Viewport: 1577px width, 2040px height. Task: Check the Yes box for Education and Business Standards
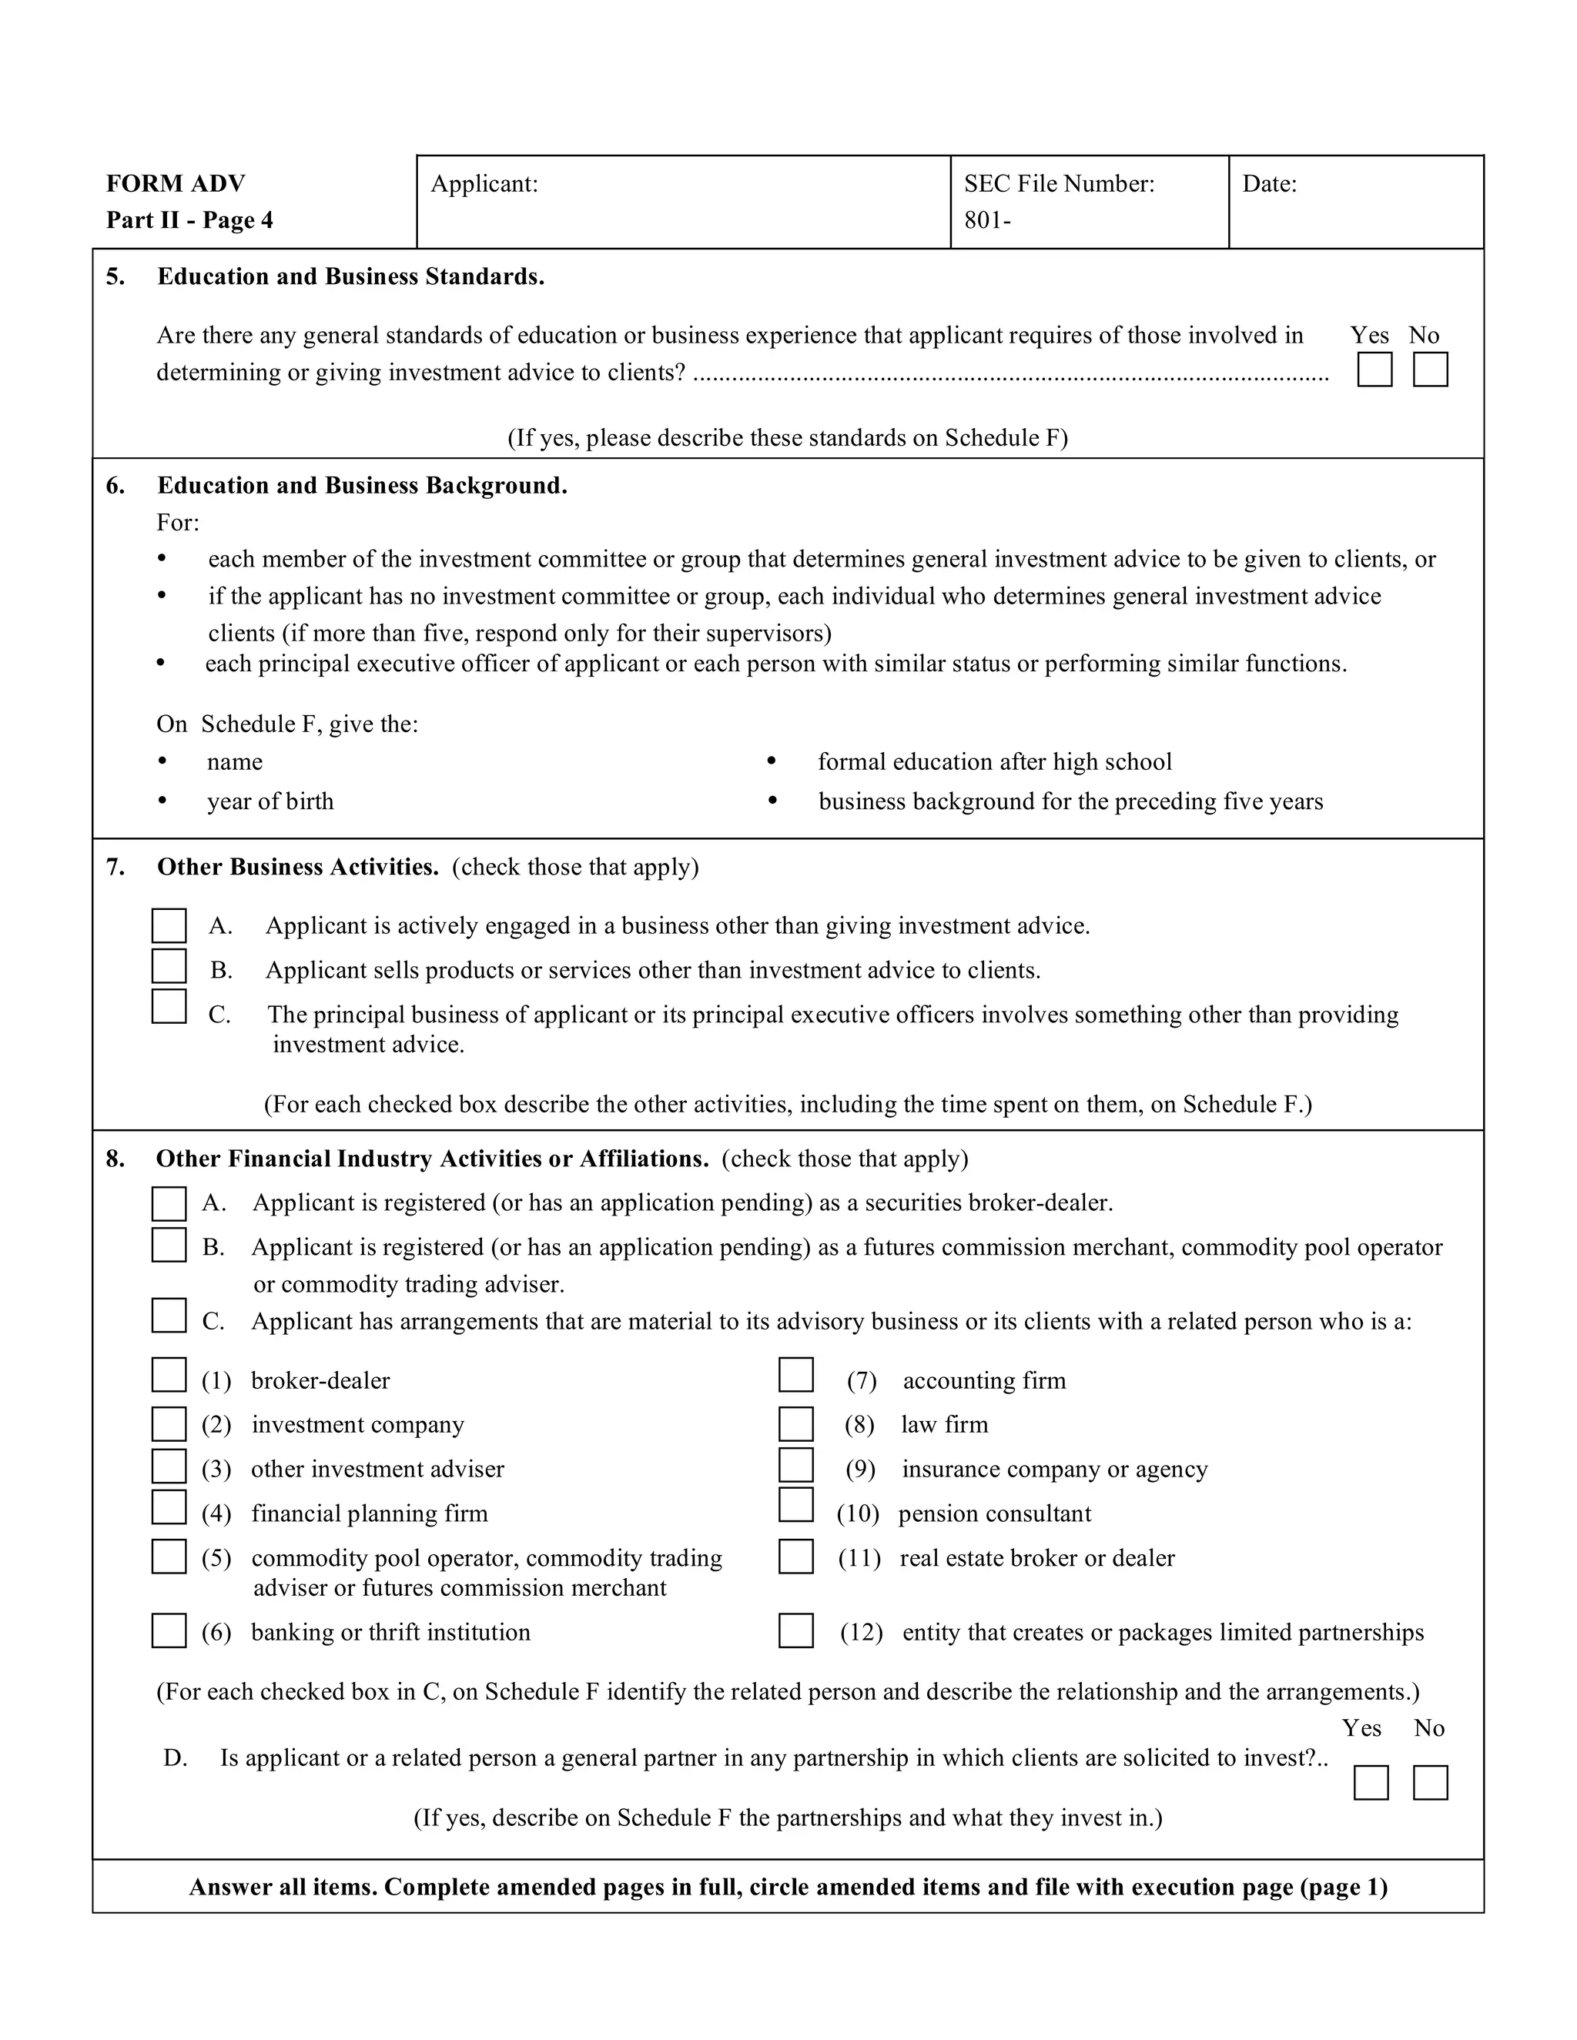pyautogui.click(x=1374, y=370)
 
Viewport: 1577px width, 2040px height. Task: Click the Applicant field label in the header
pyautogui.click(x=484, y=184)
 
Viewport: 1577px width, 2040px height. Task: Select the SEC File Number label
pyautogui.click(x=1059, y=184)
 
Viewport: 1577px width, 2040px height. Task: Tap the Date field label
pyautogui.click(x=1269, y=184)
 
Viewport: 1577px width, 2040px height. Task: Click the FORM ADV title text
pyautogui.click(x=176, y=184)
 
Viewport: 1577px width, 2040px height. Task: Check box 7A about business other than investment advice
pyautogui.click(x=169, y=925)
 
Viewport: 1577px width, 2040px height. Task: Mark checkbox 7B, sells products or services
pyautogui.click(x=169, y=967)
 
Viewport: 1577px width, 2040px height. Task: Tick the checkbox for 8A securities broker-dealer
pyautogui.click(x=169, y=1204)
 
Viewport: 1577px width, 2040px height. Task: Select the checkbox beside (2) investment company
pyautogui.click(x=169, y=1424)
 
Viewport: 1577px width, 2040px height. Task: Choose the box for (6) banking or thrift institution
pyautogui.click(x=169, y=1631)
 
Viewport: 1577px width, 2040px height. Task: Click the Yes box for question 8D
pyautogui.click(x=1371, y=1782)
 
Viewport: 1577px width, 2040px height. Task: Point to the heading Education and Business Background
pyautogui.click(x=362, y=486)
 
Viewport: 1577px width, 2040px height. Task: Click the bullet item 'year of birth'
pyautogui.click(x=270, y=801)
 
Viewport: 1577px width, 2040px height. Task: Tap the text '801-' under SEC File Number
pyautogui.click(x=986, y=222)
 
